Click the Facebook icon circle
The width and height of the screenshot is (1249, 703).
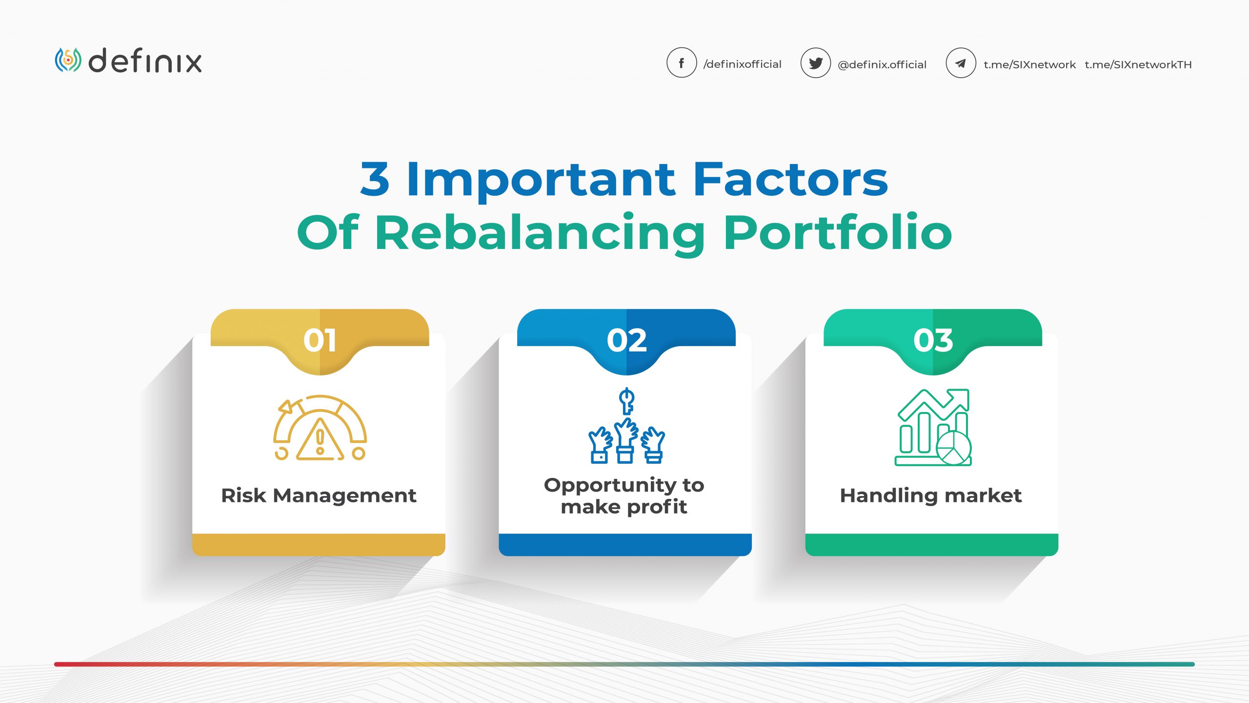(x=681, y=63)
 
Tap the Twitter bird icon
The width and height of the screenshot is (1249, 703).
(x=815, y=63)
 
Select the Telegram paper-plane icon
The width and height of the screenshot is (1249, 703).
(x=960, y=63)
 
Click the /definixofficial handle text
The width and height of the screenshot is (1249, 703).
(x=742, y=64)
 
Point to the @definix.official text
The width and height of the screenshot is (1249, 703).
(x=882, y=64)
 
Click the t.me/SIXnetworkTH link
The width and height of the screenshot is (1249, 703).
(x=1138, y=64)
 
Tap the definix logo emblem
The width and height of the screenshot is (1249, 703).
(x=68, y=60)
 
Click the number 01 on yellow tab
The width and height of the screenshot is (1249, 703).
(x=320, y=340)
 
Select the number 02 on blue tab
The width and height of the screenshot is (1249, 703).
(x=626, y=340)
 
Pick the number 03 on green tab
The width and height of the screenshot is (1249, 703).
(x=933, y=340)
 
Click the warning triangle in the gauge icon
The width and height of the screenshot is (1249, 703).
(x=320, y=440)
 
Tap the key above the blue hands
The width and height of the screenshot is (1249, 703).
(x=626, y=400)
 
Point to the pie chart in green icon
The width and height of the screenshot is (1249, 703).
(x=953, y=448)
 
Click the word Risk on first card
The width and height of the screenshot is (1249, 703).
(x=243, y=496)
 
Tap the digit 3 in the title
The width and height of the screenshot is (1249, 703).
(x=375, y=179)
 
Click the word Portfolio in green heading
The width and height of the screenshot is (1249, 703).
(x=837, y=233)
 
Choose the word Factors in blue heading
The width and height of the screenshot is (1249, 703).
(x=790, y=179)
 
